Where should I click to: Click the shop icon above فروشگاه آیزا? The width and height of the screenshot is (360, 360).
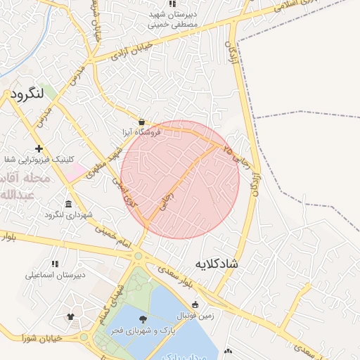(x=142, y=121)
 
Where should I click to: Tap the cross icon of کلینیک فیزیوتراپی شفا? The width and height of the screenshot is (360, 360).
(x=39, y=148)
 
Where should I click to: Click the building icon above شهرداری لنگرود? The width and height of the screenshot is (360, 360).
(x=68, y=204)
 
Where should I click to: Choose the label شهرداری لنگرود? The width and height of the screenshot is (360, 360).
(x=68, y=214)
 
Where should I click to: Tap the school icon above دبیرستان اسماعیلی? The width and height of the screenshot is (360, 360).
(x=55, y=264)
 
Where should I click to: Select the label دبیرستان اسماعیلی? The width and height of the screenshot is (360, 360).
(x=56, y=275)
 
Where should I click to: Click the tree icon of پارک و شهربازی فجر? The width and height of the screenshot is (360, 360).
(x=143, y=319)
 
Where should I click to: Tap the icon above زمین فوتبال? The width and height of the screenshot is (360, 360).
(x=195, y=304)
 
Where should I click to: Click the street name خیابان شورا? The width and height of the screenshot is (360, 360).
(x=44, y=338)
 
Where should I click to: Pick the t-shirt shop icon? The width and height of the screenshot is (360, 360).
(x=70, y=317)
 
